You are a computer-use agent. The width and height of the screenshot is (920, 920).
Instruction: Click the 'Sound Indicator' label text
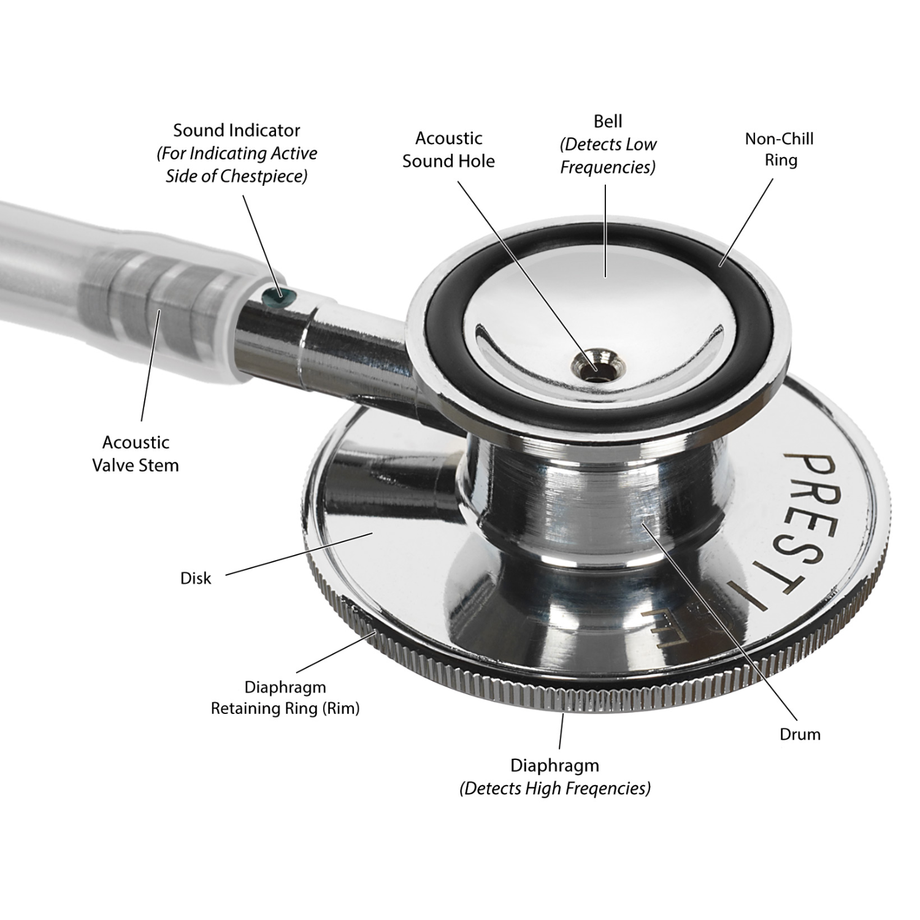[237, 130]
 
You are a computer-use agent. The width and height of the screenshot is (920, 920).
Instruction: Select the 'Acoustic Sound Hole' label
[448, 150]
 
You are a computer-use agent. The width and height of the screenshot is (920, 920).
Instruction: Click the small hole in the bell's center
[593, 367]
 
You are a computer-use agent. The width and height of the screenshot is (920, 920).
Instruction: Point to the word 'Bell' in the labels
[608, 121]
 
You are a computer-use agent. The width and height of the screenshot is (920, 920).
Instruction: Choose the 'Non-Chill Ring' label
[780, 149]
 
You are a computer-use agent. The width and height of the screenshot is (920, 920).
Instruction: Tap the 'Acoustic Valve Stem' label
[136, 453]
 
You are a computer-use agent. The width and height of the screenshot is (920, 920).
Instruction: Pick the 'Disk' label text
[196, 578]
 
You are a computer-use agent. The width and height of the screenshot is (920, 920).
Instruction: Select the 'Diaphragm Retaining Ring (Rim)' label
[285, 698]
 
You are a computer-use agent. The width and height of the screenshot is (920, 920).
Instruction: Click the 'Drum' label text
[800, 734]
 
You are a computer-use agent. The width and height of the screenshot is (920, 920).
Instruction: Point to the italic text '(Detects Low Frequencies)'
[608, 156]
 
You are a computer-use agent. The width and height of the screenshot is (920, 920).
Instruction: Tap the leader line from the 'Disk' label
[299, 554]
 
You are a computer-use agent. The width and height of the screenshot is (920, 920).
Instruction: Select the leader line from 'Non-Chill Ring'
[746, 222]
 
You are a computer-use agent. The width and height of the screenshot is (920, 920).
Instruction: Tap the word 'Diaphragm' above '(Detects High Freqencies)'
[554, 766]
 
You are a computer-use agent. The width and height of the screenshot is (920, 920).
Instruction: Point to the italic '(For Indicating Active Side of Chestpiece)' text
[237, 164]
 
